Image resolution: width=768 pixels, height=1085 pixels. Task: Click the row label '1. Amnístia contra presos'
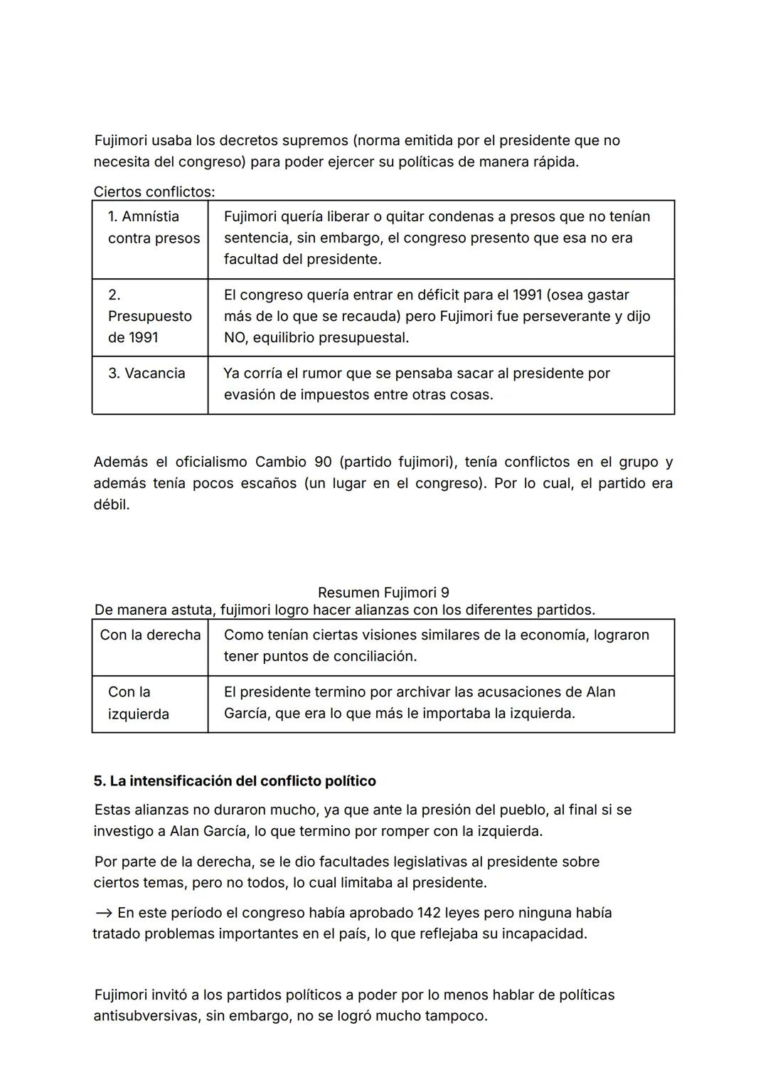click(153, 227)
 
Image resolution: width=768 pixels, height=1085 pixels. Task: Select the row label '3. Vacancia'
click(146, 374)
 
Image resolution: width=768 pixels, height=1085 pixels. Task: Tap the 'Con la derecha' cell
click(150, 635)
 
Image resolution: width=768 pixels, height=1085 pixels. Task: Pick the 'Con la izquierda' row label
click(138, 702)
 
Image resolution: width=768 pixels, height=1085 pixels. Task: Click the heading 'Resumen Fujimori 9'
click(383, 593)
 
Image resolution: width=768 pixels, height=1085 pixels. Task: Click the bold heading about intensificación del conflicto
click(235, 781)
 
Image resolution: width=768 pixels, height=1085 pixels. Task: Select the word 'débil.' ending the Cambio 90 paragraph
click(112, 505)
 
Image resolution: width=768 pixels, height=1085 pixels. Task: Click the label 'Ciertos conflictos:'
click(154, 192)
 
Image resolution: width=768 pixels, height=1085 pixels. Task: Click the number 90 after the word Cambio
click(323, 462)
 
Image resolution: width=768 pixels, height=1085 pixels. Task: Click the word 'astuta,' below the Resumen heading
click(196, 610)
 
